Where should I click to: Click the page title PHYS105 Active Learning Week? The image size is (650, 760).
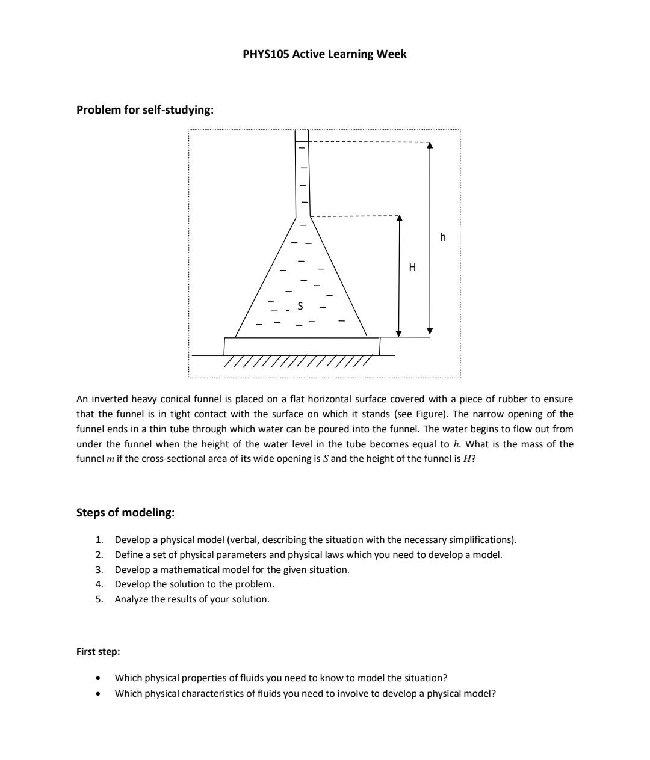324,54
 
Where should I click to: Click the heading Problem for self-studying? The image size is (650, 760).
144,109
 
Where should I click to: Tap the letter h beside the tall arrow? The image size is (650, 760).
443,237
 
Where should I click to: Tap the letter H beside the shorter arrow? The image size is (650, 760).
412,267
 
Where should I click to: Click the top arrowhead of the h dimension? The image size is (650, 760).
429,145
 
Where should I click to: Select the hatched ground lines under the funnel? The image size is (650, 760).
298,362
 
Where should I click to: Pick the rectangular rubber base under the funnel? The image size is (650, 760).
302,346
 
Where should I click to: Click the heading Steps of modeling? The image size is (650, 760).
125,512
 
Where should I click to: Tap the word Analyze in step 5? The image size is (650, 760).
132,599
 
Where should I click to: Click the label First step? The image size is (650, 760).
98,651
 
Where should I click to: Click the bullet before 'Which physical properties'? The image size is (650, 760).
97,678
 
